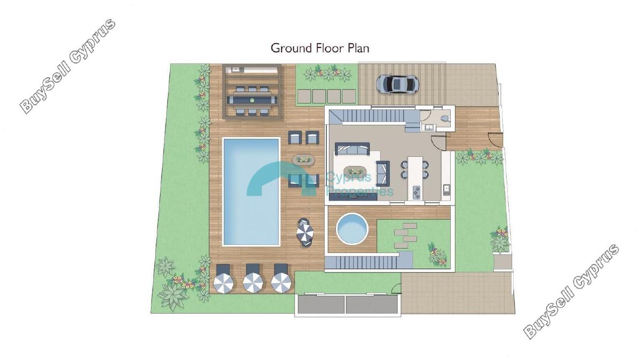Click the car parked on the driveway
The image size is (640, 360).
coord(397,84)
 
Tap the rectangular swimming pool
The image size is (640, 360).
coord(251,191)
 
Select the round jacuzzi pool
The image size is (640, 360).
coord(351,229)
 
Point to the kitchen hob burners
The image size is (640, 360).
coord(417,193)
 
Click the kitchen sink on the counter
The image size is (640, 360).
coord(446,188)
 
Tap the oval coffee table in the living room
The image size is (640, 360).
coord(355,171)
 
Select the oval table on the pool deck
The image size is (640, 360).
coord(303,159)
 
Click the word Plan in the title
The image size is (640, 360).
coord(358,49)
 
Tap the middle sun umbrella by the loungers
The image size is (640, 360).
coord(253,283)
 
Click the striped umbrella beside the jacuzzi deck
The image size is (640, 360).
coord(305,233)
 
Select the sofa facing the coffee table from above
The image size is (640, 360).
coord(353,149)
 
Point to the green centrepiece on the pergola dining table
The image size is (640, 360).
coord(252,100)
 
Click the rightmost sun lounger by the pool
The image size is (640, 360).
coord(281,270)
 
